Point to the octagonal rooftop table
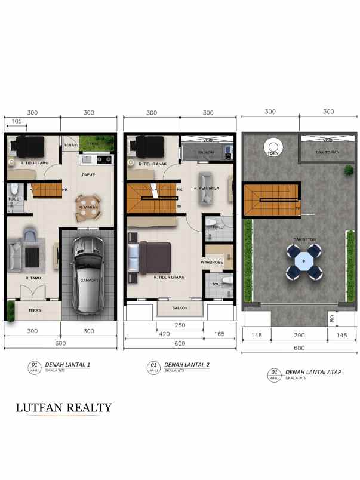(x=303, y=261)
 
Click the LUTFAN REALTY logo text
(x=63, y=408)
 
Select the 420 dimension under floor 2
(x=163, y=334)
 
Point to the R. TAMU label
(x=33, y=278)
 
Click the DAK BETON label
(x=301, y=239)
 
